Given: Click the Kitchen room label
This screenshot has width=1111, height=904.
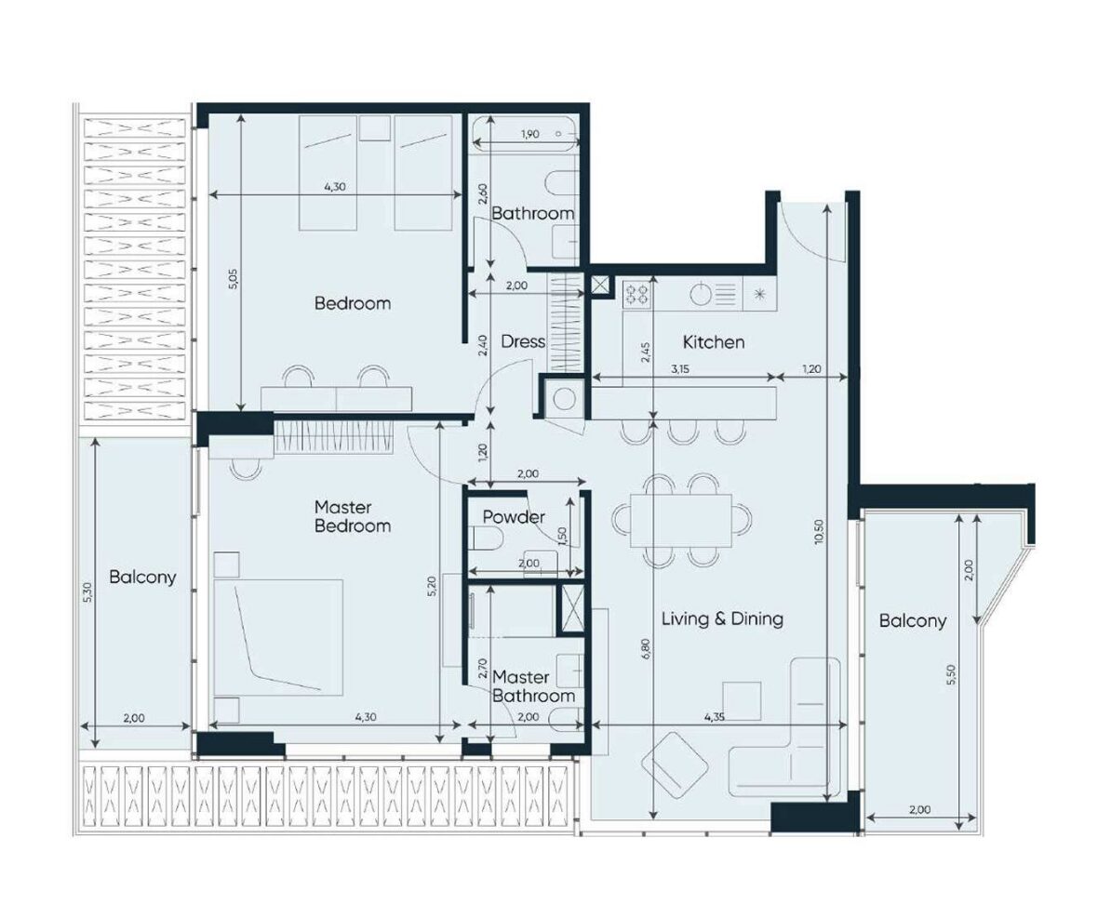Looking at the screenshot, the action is point(714,342).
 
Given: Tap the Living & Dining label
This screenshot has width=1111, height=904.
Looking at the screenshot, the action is point(722,618).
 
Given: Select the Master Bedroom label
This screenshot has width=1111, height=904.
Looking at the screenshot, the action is point(352,516).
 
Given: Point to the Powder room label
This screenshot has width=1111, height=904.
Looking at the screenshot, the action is point(514,516).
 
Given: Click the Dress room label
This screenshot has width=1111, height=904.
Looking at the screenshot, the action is point(523,341).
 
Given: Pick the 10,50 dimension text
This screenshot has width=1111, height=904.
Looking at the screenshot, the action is point(820,531).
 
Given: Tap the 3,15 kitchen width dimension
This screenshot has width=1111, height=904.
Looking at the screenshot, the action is point(679,368).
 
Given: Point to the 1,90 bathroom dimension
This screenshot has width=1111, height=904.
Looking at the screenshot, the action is point(530,133).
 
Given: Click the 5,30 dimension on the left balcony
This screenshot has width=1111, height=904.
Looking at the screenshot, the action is point(87,592).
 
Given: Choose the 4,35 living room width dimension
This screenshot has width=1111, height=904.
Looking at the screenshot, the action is point(715,716).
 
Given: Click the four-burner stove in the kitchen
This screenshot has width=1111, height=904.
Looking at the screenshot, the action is point(636,294).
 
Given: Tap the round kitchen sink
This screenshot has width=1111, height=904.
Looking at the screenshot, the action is point(701,294).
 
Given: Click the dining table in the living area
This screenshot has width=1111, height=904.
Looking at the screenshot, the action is point(681,521).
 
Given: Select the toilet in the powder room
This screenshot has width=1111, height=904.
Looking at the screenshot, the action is point(486,541).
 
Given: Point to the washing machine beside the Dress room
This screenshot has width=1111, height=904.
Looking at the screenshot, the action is point(564,400).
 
